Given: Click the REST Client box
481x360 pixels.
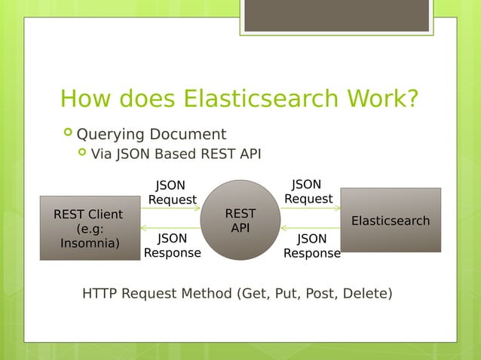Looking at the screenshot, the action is point(90,227).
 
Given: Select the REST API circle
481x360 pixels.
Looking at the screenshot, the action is point(240,220).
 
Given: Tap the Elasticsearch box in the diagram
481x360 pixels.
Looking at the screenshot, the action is point(391,220).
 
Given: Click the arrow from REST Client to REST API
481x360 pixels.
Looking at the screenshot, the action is point(170,208).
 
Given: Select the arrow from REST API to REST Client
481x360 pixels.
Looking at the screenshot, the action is point(170,228).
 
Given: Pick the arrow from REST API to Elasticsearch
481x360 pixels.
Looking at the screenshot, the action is point(311,207).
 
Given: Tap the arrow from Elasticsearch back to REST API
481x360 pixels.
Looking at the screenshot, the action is point(311,227).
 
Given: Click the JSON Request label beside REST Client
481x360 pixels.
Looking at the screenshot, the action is point(172,192).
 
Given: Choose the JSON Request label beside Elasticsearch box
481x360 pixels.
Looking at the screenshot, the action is point(308,191).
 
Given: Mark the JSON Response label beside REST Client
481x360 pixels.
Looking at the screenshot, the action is point(172,246).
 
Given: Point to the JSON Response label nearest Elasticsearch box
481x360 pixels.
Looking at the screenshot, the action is point(311,246).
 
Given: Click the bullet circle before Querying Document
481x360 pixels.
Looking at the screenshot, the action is point(69,134).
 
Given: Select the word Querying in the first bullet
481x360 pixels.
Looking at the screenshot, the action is point(110,135).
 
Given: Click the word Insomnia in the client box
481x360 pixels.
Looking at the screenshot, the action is point(89,243).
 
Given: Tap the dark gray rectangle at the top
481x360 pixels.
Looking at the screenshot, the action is point(336,15).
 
